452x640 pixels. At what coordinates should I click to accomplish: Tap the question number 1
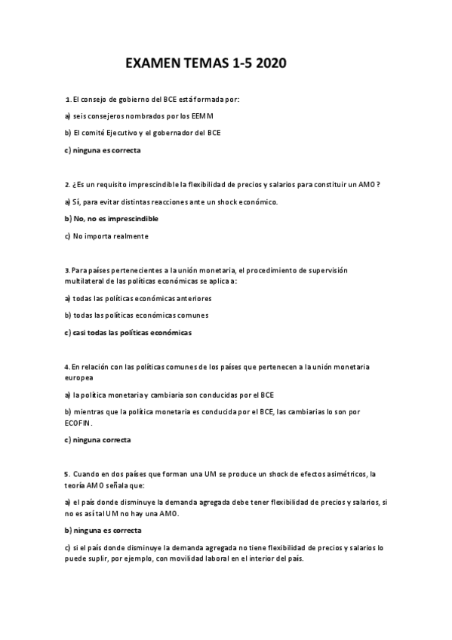[68, 100]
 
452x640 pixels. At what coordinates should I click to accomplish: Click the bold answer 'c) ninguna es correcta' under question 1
[103, 149]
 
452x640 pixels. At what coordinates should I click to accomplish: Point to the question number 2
[68, 184]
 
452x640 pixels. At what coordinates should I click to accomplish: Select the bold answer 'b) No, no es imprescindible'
[111, 218]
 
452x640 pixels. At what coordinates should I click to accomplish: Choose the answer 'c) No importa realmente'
[106, 235]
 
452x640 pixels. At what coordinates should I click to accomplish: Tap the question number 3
[68, 269]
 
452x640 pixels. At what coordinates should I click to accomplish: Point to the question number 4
[68, 366]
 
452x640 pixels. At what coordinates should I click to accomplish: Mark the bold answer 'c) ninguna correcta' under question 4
[98, 439]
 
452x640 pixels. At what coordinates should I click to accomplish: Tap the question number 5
[68, 473]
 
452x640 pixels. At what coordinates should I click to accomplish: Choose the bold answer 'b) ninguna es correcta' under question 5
[103, 530]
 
